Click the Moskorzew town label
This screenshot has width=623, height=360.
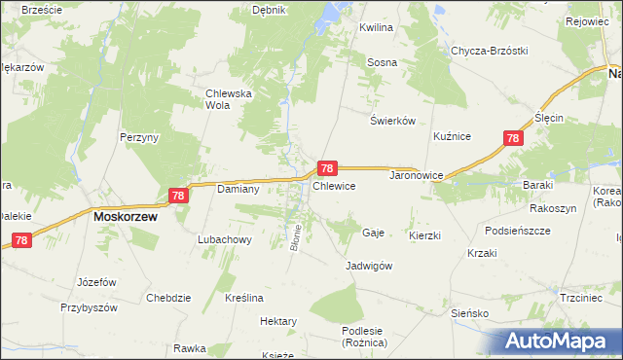point(126,218)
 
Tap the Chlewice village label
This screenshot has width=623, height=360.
point(334,185)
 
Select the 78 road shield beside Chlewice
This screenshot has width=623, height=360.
point(329,168)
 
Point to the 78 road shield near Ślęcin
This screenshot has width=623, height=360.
point(513,139)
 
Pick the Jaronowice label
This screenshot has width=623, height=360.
point(417,176)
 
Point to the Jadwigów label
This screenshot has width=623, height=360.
point(369,266)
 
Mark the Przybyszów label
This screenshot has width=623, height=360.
point(89,306)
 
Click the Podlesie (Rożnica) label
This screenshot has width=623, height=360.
point(365,337)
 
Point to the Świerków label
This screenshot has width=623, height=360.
point(393,121)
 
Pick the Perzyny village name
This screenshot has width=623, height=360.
point(139,138)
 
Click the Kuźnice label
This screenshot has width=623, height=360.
point(453,137)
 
